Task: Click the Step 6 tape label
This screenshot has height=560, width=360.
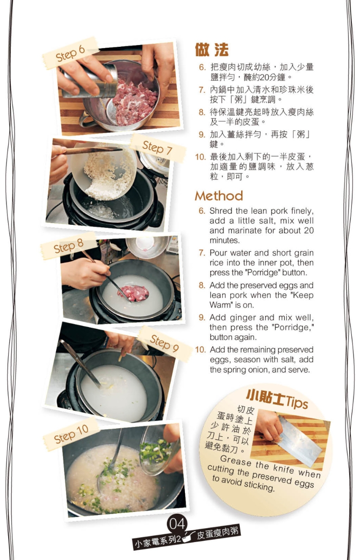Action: (71, 53)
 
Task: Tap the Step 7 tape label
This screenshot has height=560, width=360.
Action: (158, 148)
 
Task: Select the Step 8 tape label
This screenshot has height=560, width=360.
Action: (68, 246)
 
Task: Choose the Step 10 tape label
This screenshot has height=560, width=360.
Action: (71, 434)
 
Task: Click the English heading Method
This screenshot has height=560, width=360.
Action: (219, 196)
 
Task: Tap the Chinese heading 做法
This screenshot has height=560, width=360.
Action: (211, 49)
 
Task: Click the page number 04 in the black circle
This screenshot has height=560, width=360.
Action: (177, 524)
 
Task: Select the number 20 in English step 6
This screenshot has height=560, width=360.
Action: (309, 230)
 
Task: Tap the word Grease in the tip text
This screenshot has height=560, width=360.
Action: (236, 461)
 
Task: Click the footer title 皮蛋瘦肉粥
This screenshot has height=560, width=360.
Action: (218, 534)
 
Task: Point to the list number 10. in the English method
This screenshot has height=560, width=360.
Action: (200, 350)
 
